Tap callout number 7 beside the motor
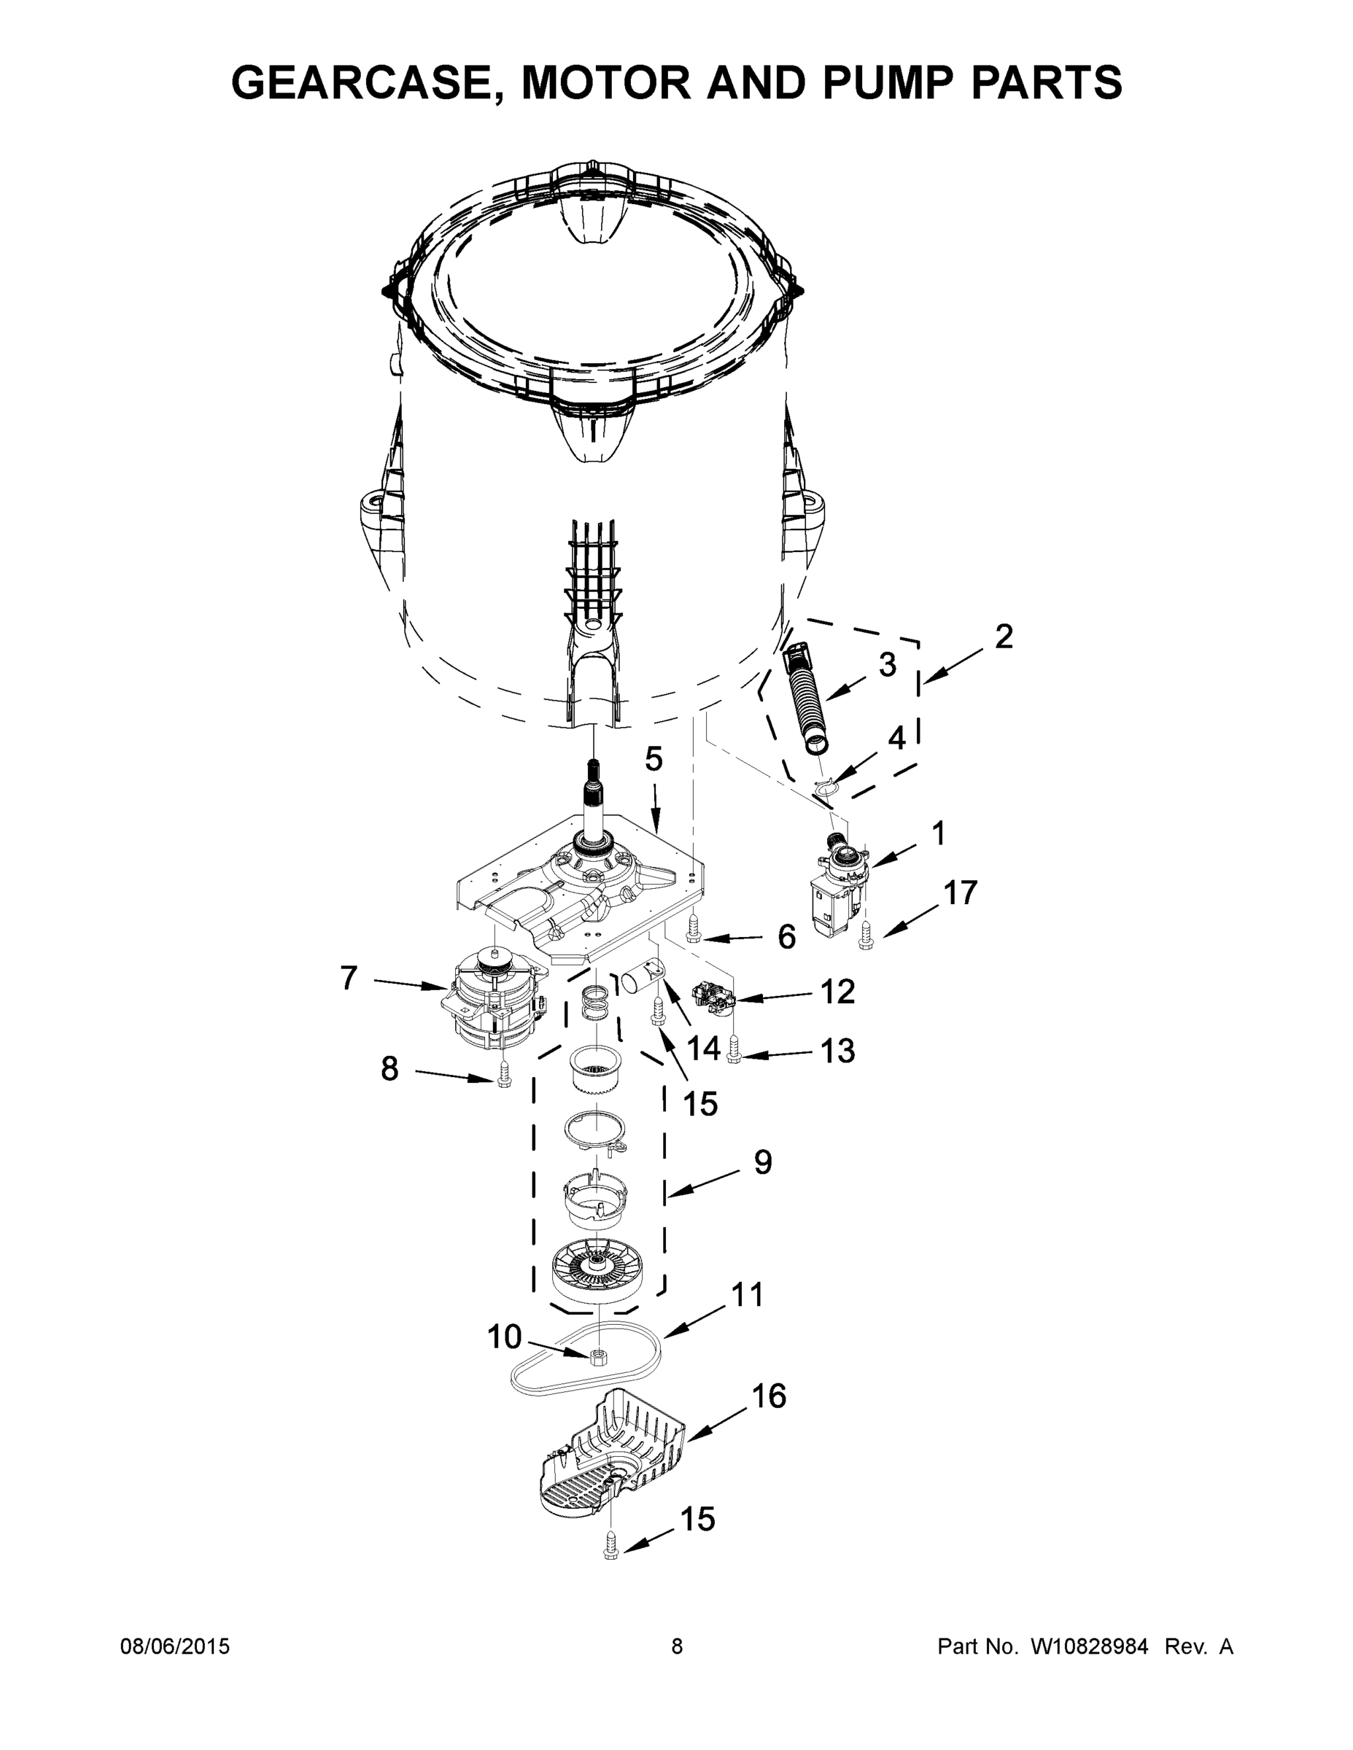(348, 978)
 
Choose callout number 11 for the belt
(747, 1295)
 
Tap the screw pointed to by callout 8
(503, 1078)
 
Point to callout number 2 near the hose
(1003, 637)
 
